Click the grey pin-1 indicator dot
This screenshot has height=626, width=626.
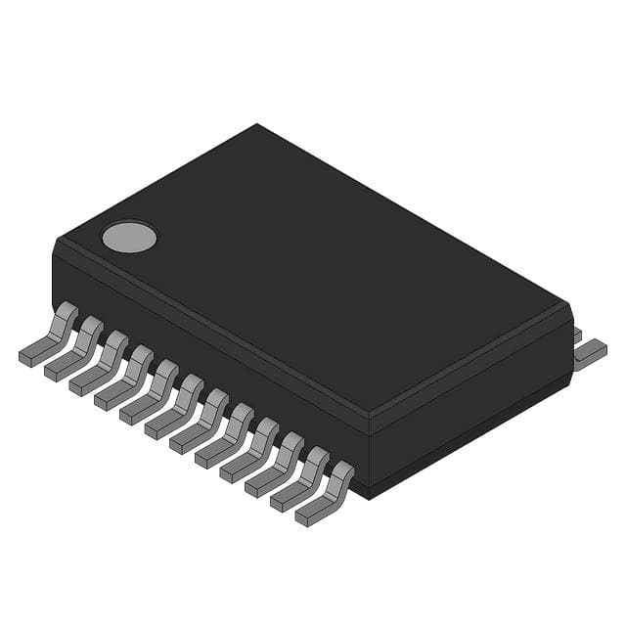[x=129, y=236]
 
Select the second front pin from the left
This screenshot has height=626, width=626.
[x=74, y=351]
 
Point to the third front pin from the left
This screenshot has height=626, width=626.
[x=100, y=365]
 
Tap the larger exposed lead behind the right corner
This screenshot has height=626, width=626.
[x=590, y=354]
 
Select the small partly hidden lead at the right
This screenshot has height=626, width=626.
[x=577, y=335]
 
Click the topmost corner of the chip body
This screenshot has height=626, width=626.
[x=256, y=125]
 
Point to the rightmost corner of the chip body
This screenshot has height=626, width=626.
[x=569, y=305]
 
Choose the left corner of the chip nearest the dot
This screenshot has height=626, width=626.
[x=55, y=245]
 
